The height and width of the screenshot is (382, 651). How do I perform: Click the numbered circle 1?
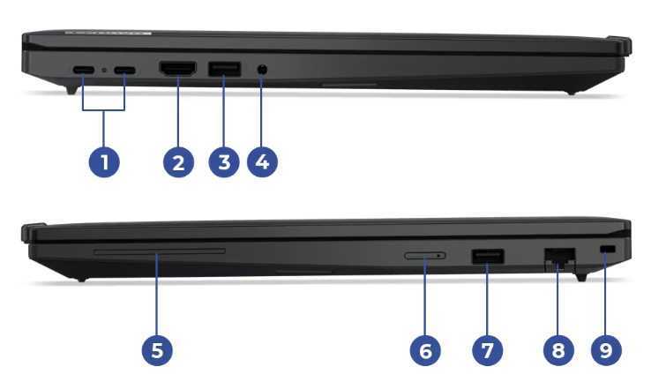[x=104, y=162]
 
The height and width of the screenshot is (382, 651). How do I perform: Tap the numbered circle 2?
[x=178, y=162]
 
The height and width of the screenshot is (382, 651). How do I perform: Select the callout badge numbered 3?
[x=224, y=162]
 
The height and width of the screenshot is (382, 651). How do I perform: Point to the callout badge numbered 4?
[x=262, y=162]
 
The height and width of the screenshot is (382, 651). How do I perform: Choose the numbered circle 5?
[x=157, y=350]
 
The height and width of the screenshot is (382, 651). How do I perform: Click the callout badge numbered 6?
[x=425, y=350]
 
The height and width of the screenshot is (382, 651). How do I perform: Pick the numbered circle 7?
[x=488, y=350]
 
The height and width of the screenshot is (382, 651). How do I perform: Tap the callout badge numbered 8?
[x=558, y=350]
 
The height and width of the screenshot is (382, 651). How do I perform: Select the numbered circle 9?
[x=606, y=350]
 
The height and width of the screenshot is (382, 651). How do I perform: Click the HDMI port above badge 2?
[x=177, y=69]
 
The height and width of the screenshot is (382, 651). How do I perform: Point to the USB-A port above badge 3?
[x=224, y=70]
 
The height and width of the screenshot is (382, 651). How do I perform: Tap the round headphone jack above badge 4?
[x=262, y=70]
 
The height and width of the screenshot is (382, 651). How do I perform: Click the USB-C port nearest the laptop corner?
[x=84, y=70]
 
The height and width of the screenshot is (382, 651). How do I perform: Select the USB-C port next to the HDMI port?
[x=124, y=70]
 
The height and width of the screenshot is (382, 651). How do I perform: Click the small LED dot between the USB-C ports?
[x=104, y=70]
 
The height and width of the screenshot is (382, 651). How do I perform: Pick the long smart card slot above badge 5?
[x=160, y=251]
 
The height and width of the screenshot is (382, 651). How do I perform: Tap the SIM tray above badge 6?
[x=425, y=256]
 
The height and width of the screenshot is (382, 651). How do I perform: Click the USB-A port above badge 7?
[x=488, y=257]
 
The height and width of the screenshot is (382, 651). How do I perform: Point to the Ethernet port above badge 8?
[x=559, y=258]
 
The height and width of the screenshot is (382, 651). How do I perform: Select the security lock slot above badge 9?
[x=608, y=249]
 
